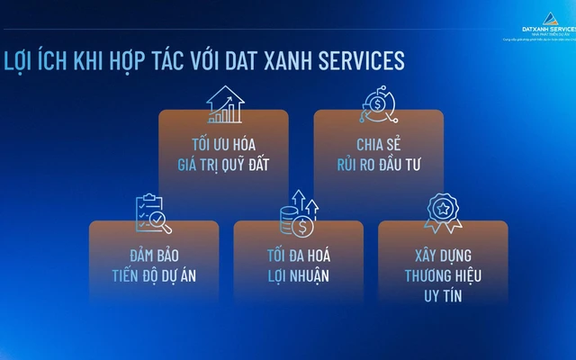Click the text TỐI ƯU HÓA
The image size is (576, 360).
point(223,144)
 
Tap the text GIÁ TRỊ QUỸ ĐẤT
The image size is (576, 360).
point(223,165)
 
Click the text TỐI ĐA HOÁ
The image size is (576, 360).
point(298,255)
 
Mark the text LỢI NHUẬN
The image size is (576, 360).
point(298,276)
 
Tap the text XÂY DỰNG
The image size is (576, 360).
point(442,255)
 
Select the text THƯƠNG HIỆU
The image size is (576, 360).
point(442,275)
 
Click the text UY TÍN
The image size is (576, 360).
point(442,296)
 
